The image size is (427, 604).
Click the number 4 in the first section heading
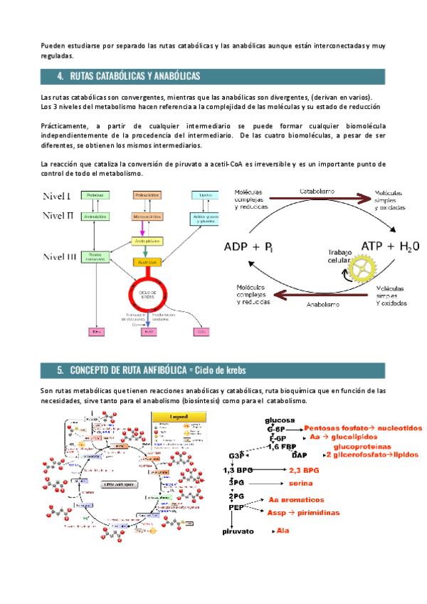click(60, 75)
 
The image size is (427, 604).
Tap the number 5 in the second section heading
click(60, 370)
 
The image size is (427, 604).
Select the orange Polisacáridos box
click(147, 195)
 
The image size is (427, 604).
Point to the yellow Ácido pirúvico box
click(146, 241)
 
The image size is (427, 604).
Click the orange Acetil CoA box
click(147, 262)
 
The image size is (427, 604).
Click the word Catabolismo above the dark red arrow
click(318, 192)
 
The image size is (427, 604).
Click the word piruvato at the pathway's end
click(238, 531)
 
